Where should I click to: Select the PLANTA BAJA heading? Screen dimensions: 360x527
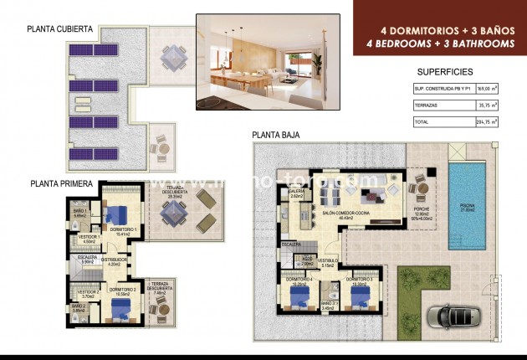click(x=276, y=135)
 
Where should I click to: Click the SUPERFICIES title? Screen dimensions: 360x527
click(x=444, y=72)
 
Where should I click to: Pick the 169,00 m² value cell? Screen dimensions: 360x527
click(x=486, y=88)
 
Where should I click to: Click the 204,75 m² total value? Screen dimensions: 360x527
click(x=485, y=122)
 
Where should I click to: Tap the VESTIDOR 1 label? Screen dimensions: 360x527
click(x=89, y=237)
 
